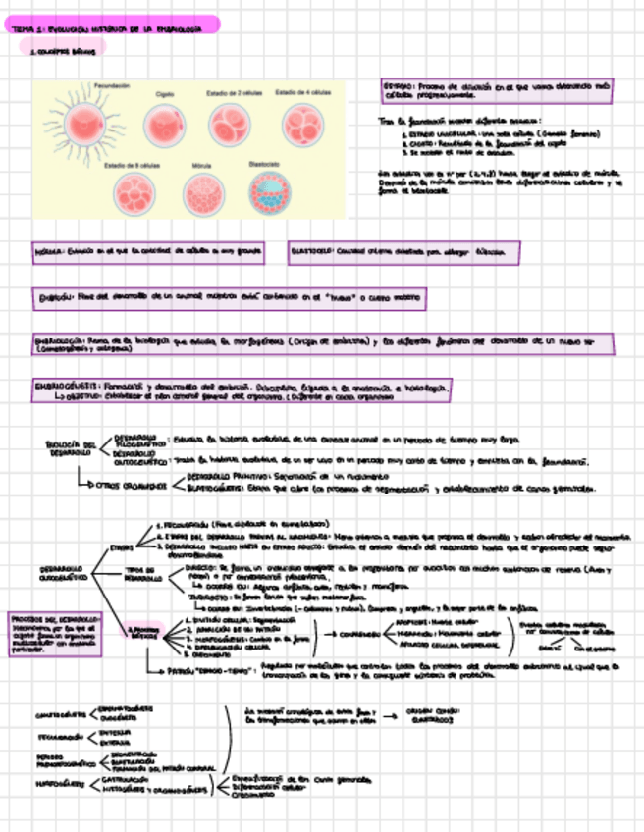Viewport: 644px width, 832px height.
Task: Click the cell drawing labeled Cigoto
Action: click(x=164, y=124)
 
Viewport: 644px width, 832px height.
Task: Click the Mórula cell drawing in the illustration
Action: click(x=203, y=193)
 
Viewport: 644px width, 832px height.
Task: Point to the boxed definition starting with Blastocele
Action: click(x=403, y=252)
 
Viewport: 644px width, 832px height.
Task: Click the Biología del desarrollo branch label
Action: click(x=70, y=448)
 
